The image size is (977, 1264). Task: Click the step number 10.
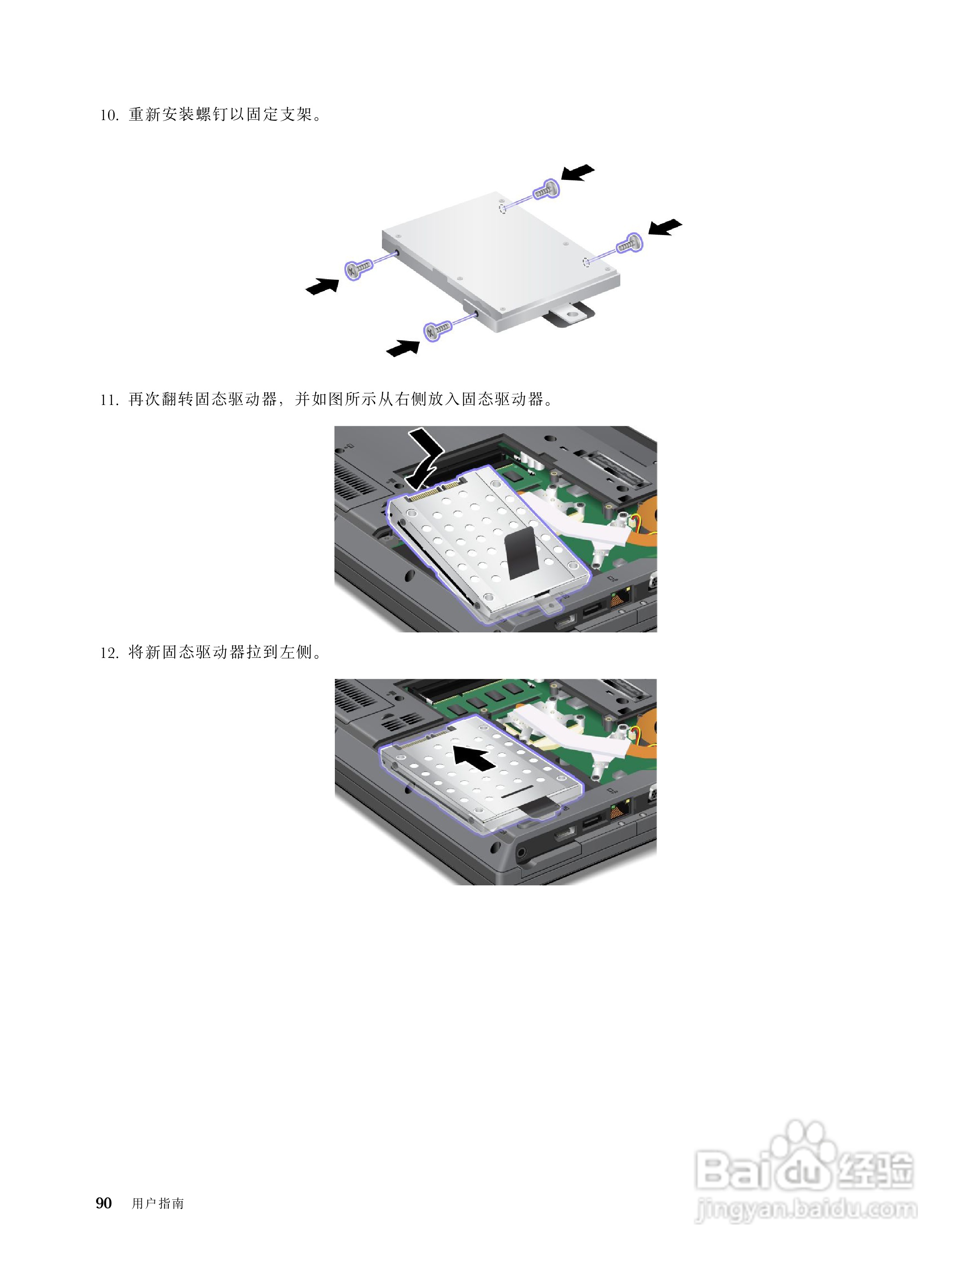(x=109, y=115)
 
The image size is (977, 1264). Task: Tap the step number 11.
(x=109, y=400)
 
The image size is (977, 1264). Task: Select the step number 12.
(x=109, y=653)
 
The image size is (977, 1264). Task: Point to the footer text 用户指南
(x=157, y=1203)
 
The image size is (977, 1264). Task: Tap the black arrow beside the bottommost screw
(x=403, y=348)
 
